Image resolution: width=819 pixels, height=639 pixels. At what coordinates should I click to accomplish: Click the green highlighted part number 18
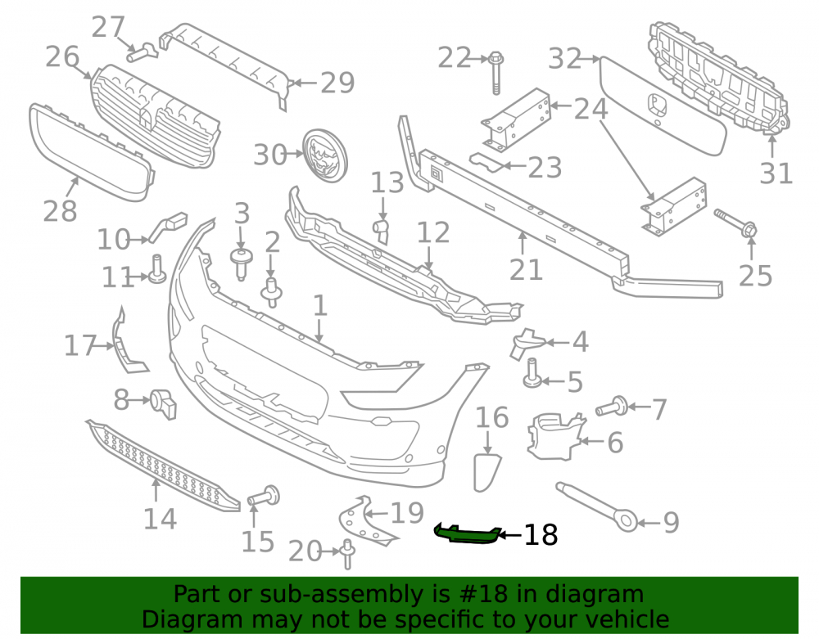pos(468,534)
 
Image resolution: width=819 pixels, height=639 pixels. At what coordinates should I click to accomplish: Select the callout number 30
pos(270,155)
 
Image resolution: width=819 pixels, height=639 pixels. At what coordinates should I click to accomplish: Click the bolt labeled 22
pos(495,73)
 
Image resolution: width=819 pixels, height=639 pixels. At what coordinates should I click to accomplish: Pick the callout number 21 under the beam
pos(526,269)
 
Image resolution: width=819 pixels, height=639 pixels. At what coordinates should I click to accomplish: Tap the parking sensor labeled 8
pos(163,403)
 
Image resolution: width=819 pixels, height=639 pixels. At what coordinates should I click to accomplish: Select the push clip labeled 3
pos(242,264)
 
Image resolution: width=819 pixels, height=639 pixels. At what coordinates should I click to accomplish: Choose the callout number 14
pos(160,519)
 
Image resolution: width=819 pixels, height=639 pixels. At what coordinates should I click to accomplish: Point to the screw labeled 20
pos(347,555)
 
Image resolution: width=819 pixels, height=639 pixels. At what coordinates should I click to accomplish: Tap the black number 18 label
pos(541,535)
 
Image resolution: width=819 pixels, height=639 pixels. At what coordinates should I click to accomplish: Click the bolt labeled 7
pos(613,406)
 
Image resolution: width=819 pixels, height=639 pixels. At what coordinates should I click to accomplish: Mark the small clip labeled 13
pos(382,231)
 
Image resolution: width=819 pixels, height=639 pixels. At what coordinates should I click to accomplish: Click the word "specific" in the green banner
pos(446,619)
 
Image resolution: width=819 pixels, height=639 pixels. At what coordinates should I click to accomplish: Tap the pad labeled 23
pos(486,162)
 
